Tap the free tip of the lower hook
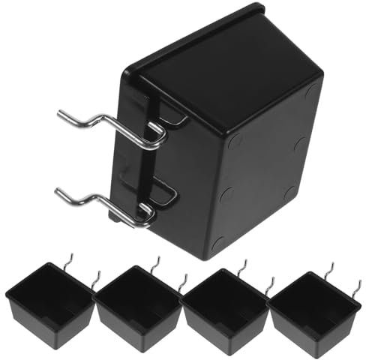[x=58, y=190]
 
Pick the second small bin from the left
[x=139, y=304]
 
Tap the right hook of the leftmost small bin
[x=95, y=280]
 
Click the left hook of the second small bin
[x=155, y=263]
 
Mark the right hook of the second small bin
[x=182, y=281]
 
